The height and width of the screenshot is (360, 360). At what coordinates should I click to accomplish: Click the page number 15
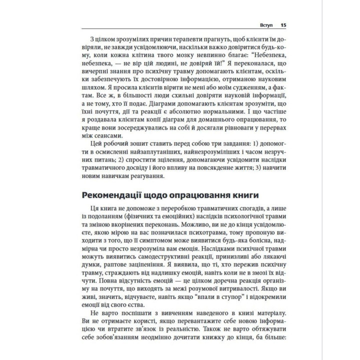[x=283, y=25]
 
